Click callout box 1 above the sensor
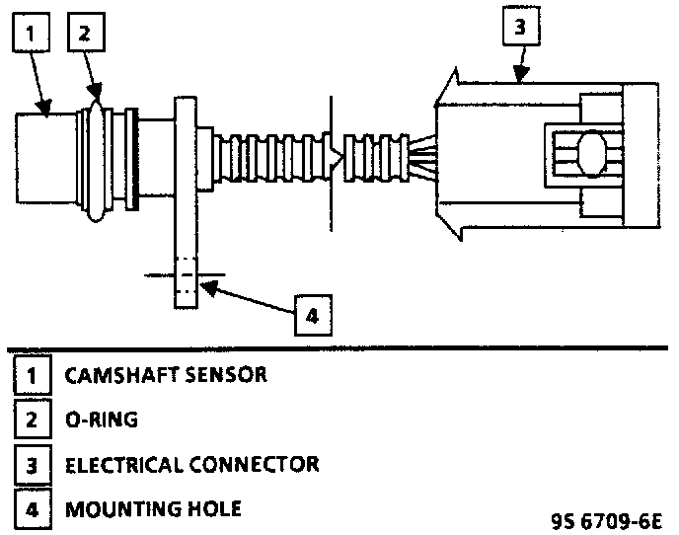(30, 34)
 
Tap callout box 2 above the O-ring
(84, 34)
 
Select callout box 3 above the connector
(521, 29)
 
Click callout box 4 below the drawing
(311, 315)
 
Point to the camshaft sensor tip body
(47, 158)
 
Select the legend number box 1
(31, 376)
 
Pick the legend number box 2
(31, 420)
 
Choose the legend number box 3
(31, 464)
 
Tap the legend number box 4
(31, 509)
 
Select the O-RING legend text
(101, 420)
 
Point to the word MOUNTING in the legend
(112, 509)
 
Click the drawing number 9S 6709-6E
(609, 518)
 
